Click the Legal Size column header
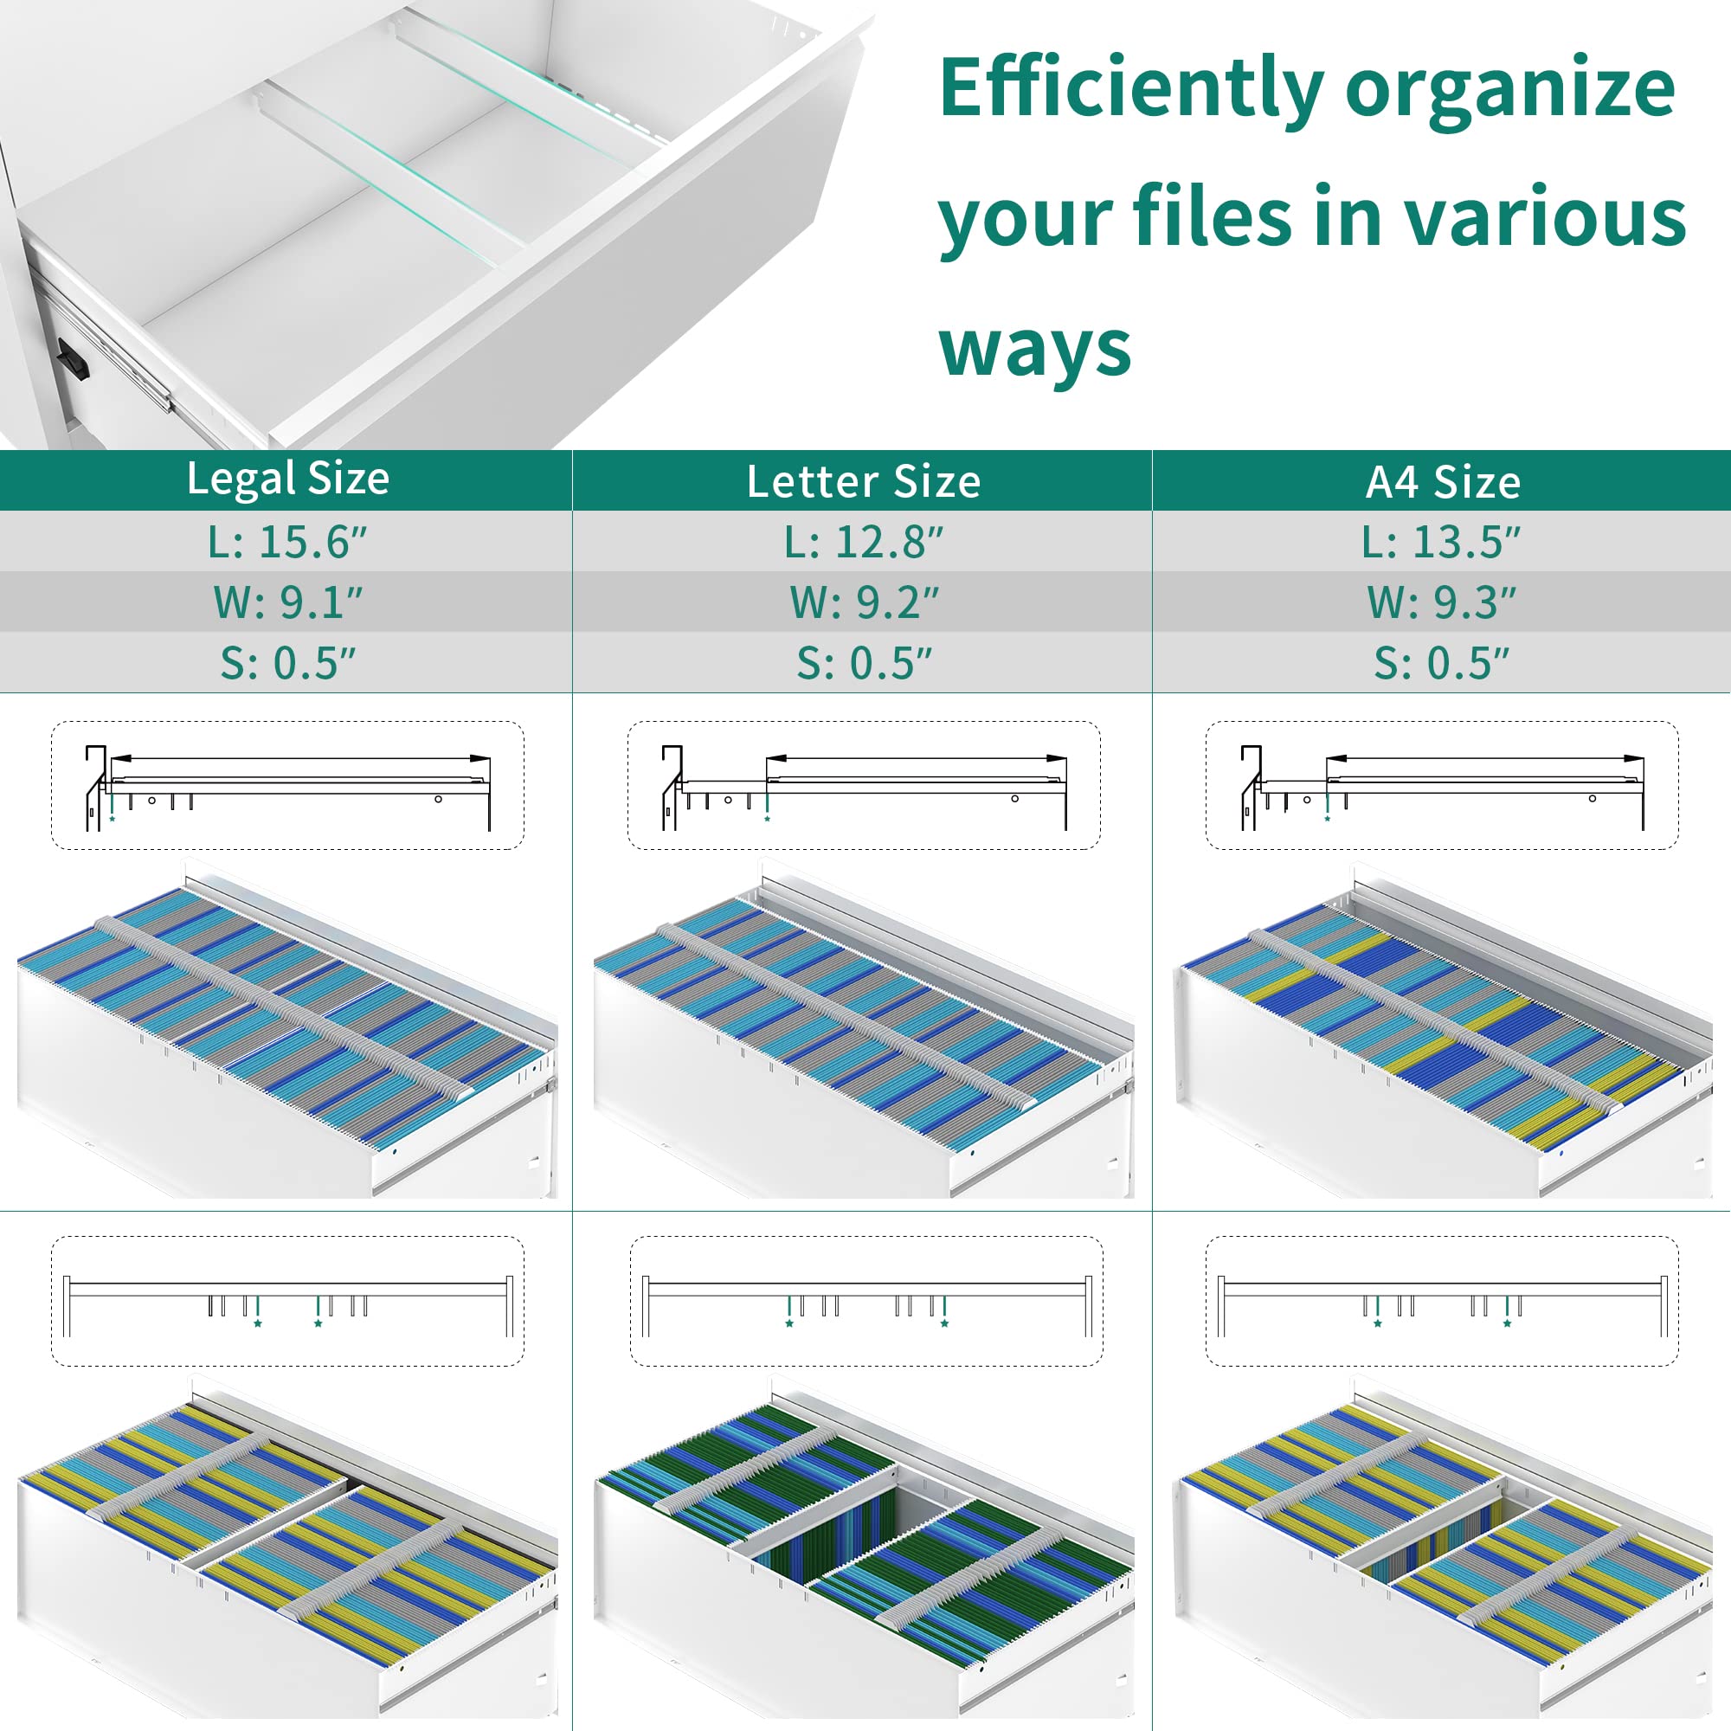pos(287,479)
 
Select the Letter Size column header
pos(864,482)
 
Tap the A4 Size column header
pos(1443,482)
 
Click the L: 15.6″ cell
pos(287,542)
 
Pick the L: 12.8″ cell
pos(864,542)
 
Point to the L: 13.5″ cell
pos(1442,542)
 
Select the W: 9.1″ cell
pos(287,602)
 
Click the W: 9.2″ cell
pos(864,602)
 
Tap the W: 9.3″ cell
pos(1442,602)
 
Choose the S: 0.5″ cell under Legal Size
pos(287,663)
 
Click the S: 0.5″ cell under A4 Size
pos(1442,663)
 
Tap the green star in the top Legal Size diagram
pos(112,819)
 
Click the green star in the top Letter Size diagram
pos(768,819)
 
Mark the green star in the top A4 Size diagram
pos(1328,819)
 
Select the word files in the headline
pos(1211,215)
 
